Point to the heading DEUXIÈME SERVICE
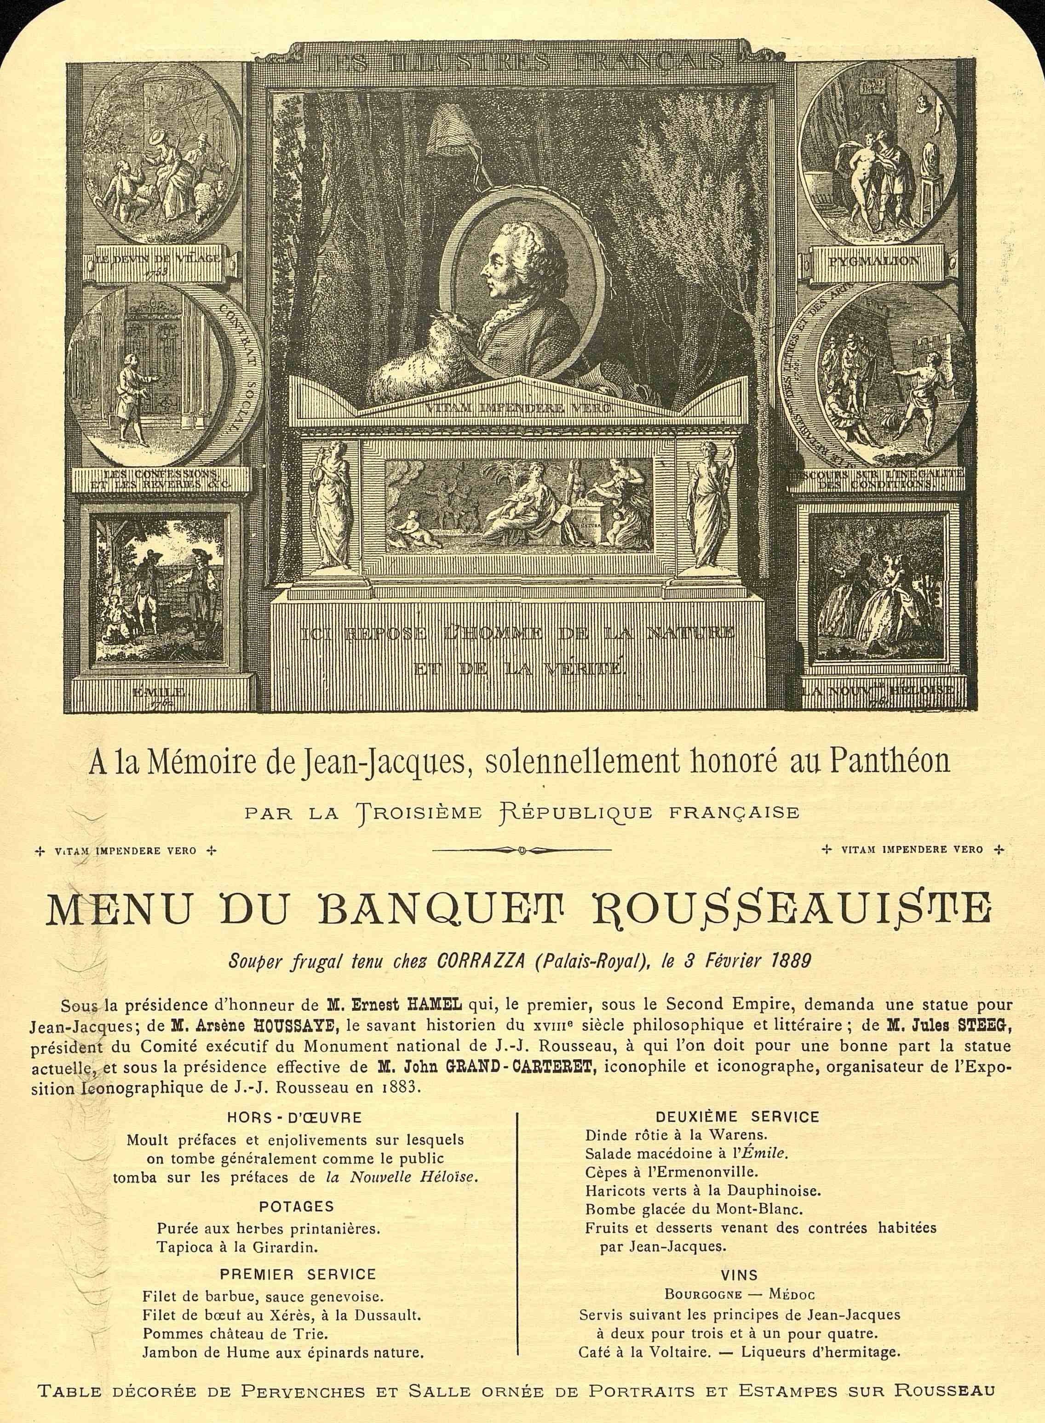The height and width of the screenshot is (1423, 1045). [x=738, y=1117]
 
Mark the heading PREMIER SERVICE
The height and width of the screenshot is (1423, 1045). [x=297, y=1256]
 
